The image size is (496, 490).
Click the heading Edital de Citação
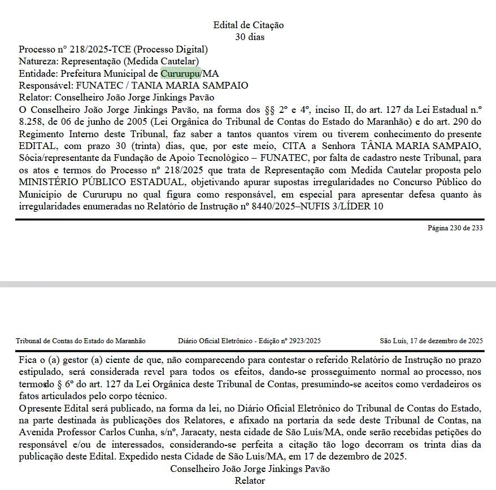[249, 25]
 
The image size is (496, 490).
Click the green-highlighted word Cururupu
[180, 74]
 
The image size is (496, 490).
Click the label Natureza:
[38, 62]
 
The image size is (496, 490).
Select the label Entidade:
[38, 74]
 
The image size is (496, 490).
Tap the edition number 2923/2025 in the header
[305, 341]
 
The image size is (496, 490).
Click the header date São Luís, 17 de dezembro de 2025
[431, 341]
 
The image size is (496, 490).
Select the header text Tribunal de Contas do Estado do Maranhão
[81, 341]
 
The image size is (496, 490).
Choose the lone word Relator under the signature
[250, 481]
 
